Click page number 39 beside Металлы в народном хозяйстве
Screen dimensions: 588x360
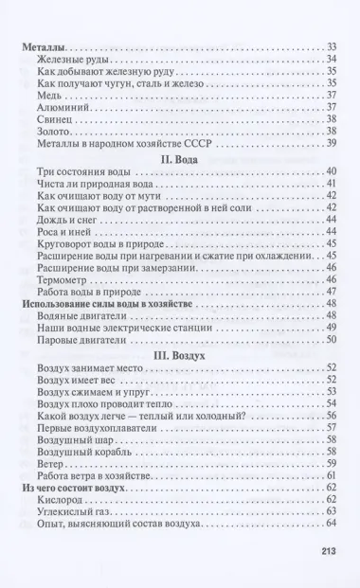332,144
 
